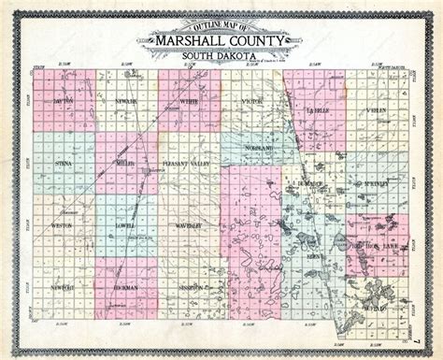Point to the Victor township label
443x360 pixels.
pyautogui.click(x=251, y=99)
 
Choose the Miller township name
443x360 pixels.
pyautogui.click(x=126, y=163)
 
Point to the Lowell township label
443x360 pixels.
pyautogui.click(x=126, y=225)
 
